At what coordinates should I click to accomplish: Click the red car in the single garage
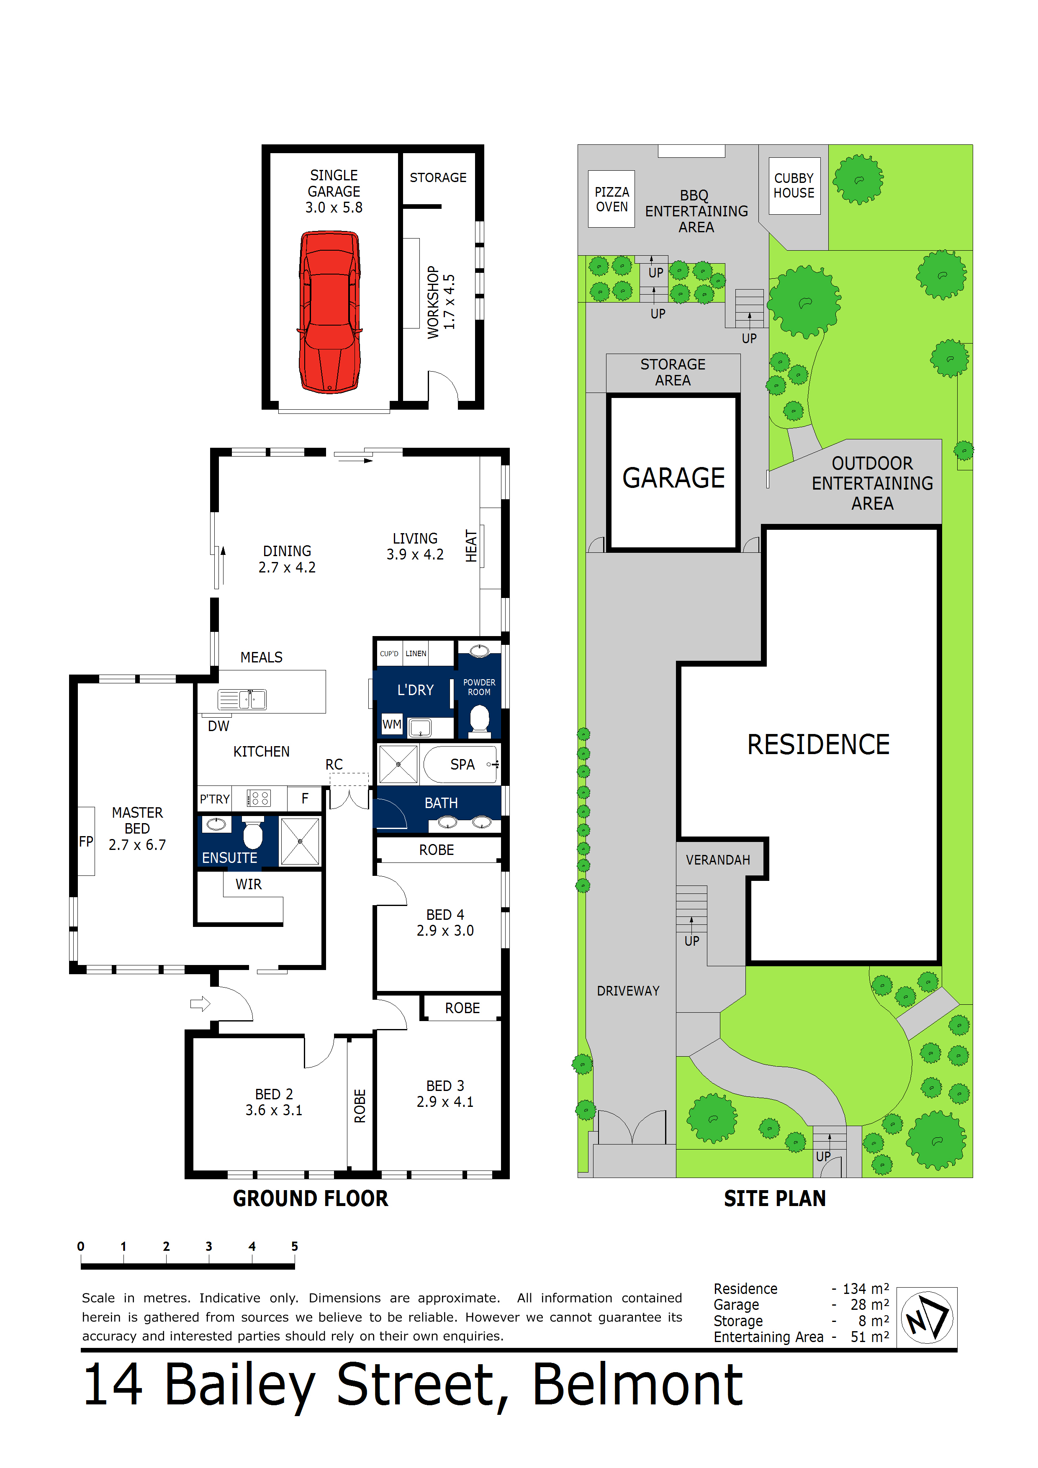329,312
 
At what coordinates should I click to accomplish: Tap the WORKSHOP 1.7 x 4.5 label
441,302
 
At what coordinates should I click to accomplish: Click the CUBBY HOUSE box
794,185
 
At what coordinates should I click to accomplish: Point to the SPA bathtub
460,765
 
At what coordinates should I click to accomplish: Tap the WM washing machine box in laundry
391,724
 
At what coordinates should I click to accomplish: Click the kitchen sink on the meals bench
242,699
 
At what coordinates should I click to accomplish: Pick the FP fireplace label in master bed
86,842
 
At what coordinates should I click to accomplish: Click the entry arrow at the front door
200,1004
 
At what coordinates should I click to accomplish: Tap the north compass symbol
927,1318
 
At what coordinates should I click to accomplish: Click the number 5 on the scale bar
294,1246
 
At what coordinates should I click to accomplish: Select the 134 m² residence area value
865,1288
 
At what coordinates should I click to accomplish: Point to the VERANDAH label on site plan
717,860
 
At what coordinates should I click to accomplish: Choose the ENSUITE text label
230,857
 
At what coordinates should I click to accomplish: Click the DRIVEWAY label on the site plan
627,991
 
